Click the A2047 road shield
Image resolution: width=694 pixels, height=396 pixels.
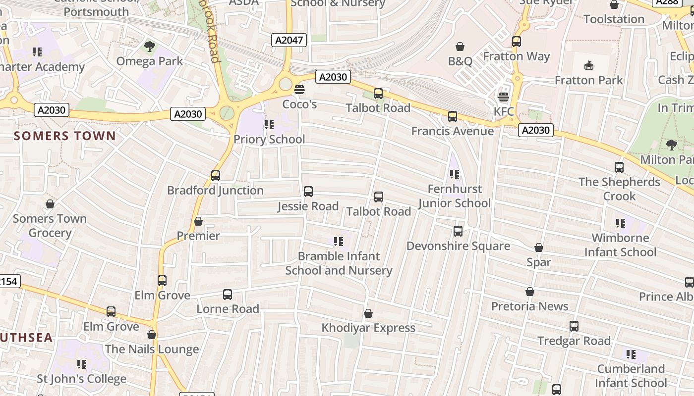(289, 40)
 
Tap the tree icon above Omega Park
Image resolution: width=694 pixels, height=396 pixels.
(149, 47)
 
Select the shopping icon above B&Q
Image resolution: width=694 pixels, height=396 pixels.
(460, 47)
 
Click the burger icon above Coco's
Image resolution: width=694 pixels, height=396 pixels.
(299, 90)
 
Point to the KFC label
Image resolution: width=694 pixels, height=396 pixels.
(504, 111)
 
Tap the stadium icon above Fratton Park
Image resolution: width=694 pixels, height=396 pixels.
(589, 65)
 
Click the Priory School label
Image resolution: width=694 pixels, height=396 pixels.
(269, 139)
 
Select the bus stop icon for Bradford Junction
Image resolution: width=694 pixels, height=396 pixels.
(215, 175)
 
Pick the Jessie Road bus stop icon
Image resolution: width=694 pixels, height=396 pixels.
(308, 192)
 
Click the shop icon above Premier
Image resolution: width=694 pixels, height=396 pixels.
(198, 221)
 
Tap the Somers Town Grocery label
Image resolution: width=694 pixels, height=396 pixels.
(50, 226)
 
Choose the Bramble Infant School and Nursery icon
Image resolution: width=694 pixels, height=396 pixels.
(339, 242)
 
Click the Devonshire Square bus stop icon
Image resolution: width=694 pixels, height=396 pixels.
(458, 231)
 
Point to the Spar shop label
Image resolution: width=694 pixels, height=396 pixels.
(539, 262)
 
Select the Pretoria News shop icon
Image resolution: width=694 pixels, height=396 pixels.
(530, 292)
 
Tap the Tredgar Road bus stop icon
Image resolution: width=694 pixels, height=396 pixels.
(574, 326)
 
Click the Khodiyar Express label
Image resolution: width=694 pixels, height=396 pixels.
(368, 328)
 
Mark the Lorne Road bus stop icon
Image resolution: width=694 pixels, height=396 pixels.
(228, 295)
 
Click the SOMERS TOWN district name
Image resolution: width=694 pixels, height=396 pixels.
(65, 136)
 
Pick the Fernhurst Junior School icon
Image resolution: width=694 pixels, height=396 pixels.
(454, 174)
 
